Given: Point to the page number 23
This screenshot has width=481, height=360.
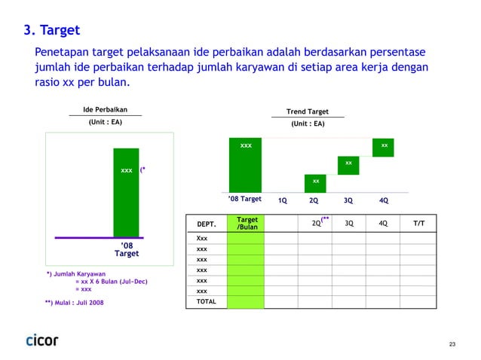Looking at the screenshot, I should pyautogui.click(x=451, y=344).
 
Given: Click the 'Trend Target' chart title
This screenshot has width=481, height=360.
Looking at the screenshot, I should pyautogui.click(x=307, y=111).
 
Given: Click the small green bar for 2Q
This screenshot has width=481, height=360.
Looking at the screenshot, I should pyautogui.click(x=315, y=182).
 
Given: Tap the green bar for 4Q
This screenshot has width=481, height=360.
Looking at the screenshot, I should pyautogui.click(x=384, y=147).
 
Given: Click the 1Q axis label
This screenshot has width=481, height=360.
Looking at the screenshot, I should pyautogui.click(x=283, y=201).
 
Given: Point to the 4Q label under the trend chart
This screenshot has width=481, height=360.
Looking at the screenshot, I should pyautogui.click(x=384, y=201).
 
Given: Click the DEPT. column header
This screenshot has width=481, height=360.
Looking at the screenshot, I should pyautogui.click(x=206, y=224).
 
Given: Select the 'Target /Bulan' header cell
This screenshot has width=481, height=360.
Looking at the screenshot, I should pyautogui.click(x=247, y=224).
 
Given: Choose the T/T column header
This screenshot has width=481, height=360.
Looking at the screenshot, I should pyautogui.click(x=419, y=223).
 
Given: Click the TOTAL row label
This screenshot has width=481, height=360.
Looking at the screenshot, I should pyautogui.click(x=206, y=301).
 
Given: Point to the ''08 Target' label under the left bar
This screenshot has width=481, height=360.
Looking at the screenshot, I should pyautogui.click(x=126, y=250).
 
